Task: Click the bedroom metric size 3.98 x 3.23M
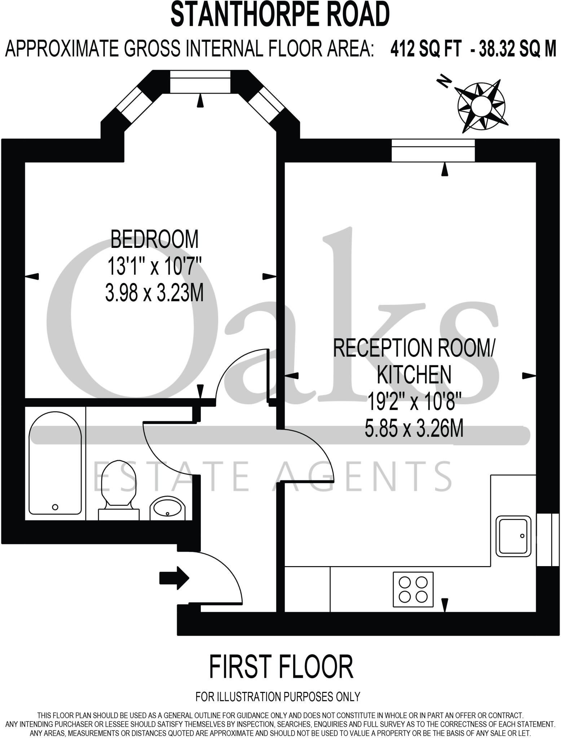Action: click(154, 293)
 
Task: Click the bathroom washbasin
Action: click(167, 508)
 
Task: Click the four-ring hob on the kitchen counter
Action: click(413, 588)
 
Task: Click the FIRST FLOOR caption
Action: click(281, 667)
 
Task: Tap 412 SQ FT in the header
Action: click(425, 50)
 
